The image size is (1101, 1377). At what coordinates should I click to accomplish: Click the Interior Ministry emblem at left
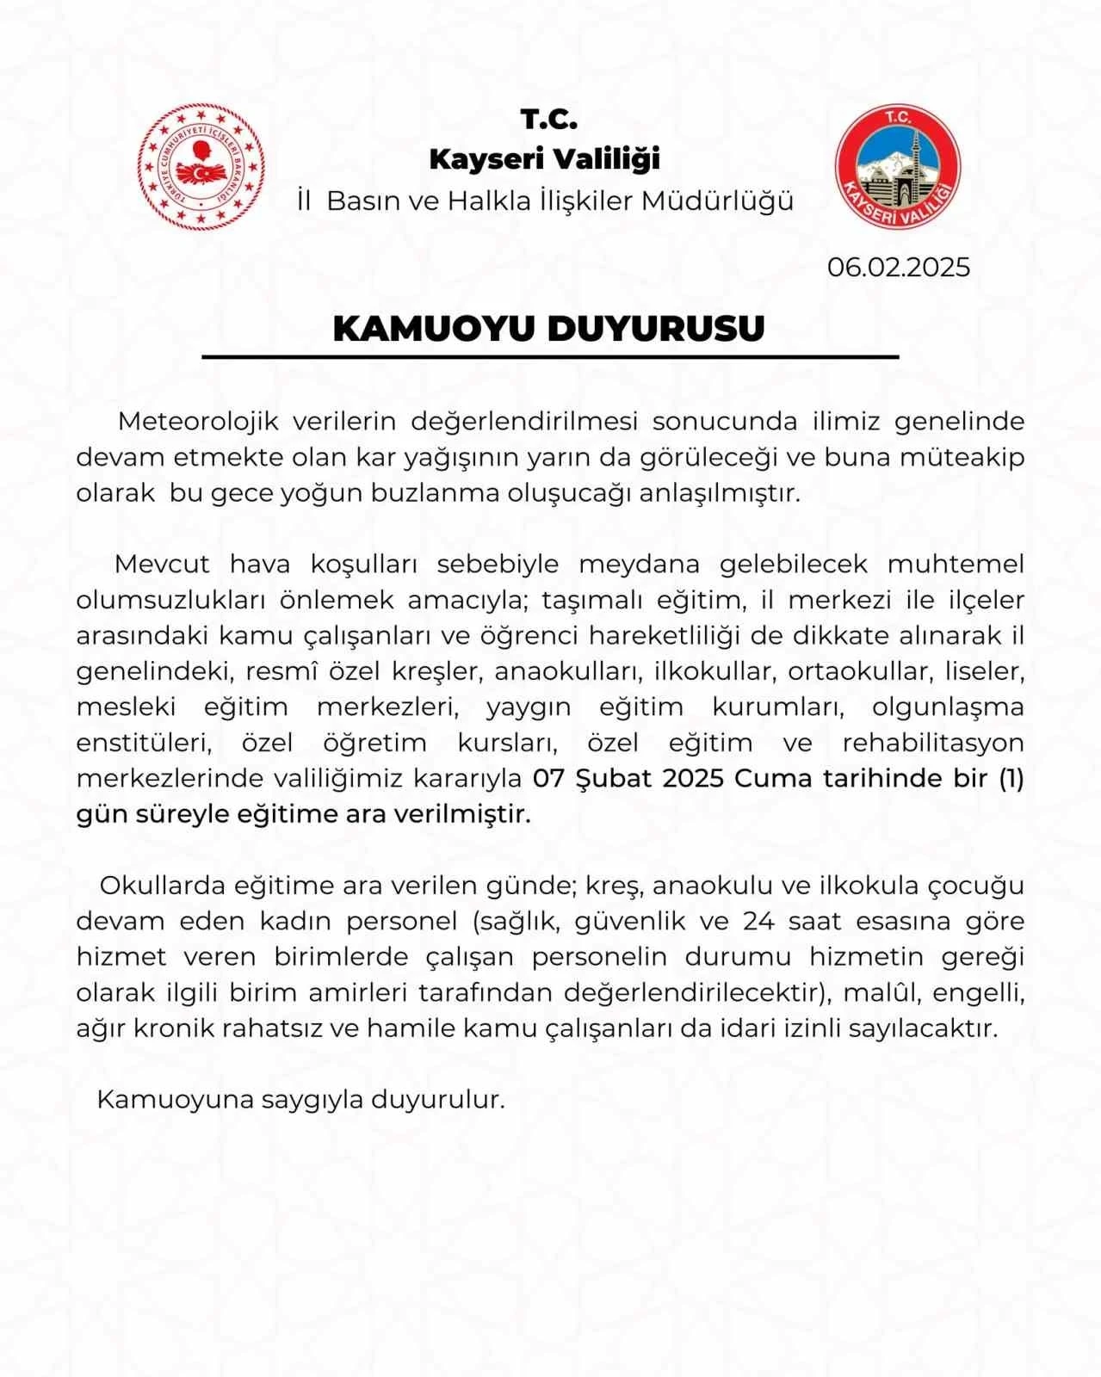tap(201, 167)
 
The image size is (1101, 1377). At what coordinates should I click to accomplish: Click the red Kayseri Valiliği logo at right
tap(898, 167)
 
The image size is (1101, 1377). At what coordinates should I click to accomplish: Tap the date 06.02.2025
tap(898, 267)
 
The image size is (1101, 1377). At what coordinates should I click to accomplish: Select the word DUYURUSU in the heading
tap(656, 328)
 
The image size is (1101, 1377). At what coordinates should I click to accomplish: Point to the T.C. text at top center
tap(548, 119)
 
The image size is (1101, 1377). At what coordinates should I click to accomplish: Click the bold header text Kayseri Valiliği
tap(544, 159)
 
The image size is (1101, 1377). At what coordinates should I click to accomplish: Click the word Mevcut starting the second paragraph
tap(162, 564)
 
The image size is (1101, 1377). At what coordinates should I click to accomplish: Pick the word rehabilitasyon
tap(933, 742)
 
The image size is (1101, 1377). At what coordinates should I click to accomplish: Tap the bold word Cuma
tap(774, 778)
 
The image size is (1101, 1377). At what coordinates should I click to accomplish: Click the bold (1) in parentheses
tap(1011, 778)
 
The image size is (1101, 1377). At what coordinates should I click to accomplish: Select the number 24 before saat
tap(758, 921)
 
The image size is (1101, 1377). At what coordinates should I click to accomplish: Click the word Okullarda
tap(162, 885)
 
